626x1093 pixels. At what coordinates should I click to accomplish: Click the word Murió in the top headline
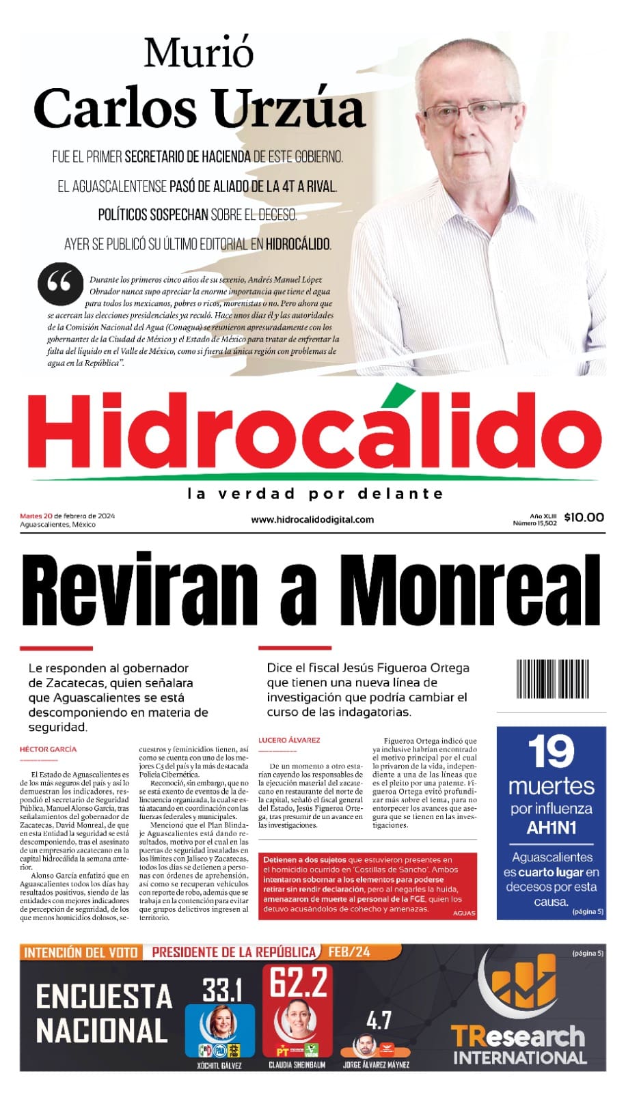point(199,53)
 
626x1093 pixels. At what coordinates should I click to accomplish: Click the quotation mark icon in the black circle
point(59,283)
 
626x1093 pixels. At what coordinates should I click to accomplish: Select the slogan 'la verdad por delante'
point(315,493)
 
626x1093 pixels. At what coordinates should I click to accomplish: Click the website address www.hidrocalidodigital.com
point(312,519)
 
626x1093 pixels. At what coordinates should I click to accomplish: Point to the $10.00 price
point(584,517)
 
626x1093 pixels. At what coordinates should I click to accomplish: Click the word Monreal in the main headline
point(470,589)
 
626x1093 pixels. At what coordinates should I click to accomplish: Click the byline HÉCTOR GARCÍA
point(49,749)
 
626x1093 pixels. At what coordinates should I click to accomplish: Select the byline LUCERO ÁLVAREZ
point(289,740)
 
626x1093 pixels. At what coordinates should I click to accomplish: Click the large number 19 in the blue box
point(551,753)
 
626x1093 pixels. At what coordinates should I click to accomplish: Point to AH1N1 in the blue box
point(551,828)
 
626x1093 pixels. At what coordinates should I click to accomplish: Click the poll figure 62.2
point(298,982)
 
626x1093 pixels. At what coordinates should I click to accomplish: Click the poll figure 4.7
point(379,1021)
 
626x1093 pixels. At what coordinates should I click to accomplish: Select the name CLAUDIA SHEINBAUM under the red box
point(297,1064)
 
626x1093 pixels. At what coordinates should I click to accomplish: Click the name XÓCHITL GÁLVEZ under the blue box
point(219,1065)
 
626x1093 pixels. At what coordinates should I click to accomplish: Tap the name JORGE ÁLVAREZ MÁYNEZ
point(376,1064)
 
